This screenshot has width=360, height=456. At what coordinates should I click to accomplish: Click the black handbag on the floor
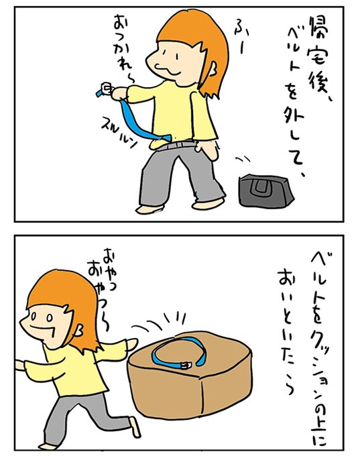click(265, 190)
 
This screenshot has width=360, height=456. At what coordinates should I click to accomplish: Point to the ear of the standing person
click(213, 68)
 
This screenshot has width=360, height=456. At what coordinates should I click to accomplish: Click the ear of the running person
click(79, 329)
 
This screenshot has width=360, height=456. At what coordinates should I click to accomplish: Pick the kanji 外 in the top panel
click(294, 119)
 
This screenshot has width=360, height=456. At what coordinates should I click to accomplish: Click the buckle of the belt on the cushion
click(184, 365)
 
